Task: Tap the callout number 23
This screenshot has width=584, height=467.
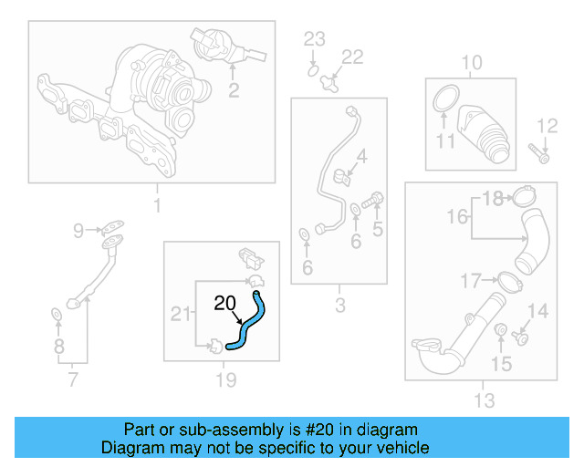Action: [314, 38]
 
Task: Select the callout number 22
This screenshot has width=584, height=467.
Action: [351, 57]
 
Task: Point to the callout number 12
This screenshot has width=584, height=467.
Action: [547, 126]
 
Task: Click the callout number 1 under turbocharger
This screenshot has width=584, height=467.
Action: [156, 206]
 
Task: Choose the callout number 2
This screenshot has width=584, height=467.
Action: [234, 89]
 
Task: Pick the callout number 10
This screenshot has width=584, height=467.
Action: [471, 62]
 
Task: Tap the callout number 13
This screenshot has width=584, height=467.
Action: [484, 400]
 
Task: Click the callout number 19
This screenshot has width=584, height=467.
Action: [225, 379]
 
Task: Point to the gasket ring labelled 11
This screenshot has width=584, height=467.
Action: [444, 99]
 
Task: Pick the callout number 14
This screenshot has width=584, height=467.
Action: [538, 312]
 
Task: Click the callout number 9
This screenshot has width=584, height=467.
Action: [78, 230]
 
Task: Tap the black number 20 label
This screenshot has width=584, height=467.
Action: [225, 304]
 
